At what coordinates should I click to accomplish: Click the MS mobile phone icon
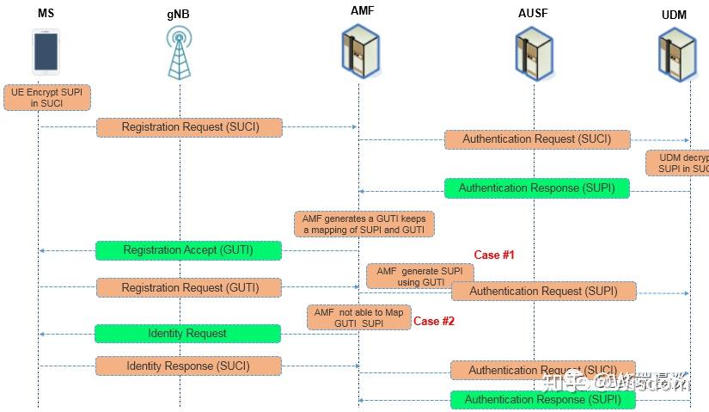pyautogui.click(x=46, y=52)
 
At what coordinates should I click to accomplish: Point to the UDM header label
pyautogui.click(x=674, y=16)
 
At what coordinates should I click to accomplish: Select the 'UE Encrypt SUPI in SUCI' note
pyautogui.click(x=46, y=96)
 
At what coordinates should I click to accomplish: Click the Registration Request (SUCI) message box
pyautogui.click(x=189, y=127)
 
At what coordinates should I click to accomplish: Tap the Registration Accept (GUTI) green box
pyautogui.click(x=188, y=250)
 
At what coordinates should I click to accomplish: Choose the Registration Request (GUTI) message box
pyautogui.click(x=189, y=287)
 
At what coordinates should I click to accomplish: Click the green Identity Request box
pyautogui.click(x=187, y=333)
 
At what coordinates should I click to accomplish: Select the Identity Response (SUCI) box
pyautogui.click(x=188, y=366)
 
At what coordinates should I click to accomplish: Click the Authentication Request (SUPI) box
pyautogui.click(x=543, y=292)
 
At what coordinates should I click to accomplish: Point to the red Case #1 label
pyautogui.click(x=493, y=255)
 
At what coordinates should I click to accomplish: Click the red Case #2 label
pyautogui.click(x=434, y=321)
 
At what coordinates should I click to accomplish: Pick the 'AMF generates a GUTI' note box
pyautogui.click(x=364, y=224)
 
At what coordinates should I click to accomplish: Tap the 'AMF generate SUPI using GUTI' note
pyautogui.click(x=419, y=276)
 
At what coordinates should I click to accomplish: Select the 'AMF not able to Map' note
pyautogui.click(x=358, y=317)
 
